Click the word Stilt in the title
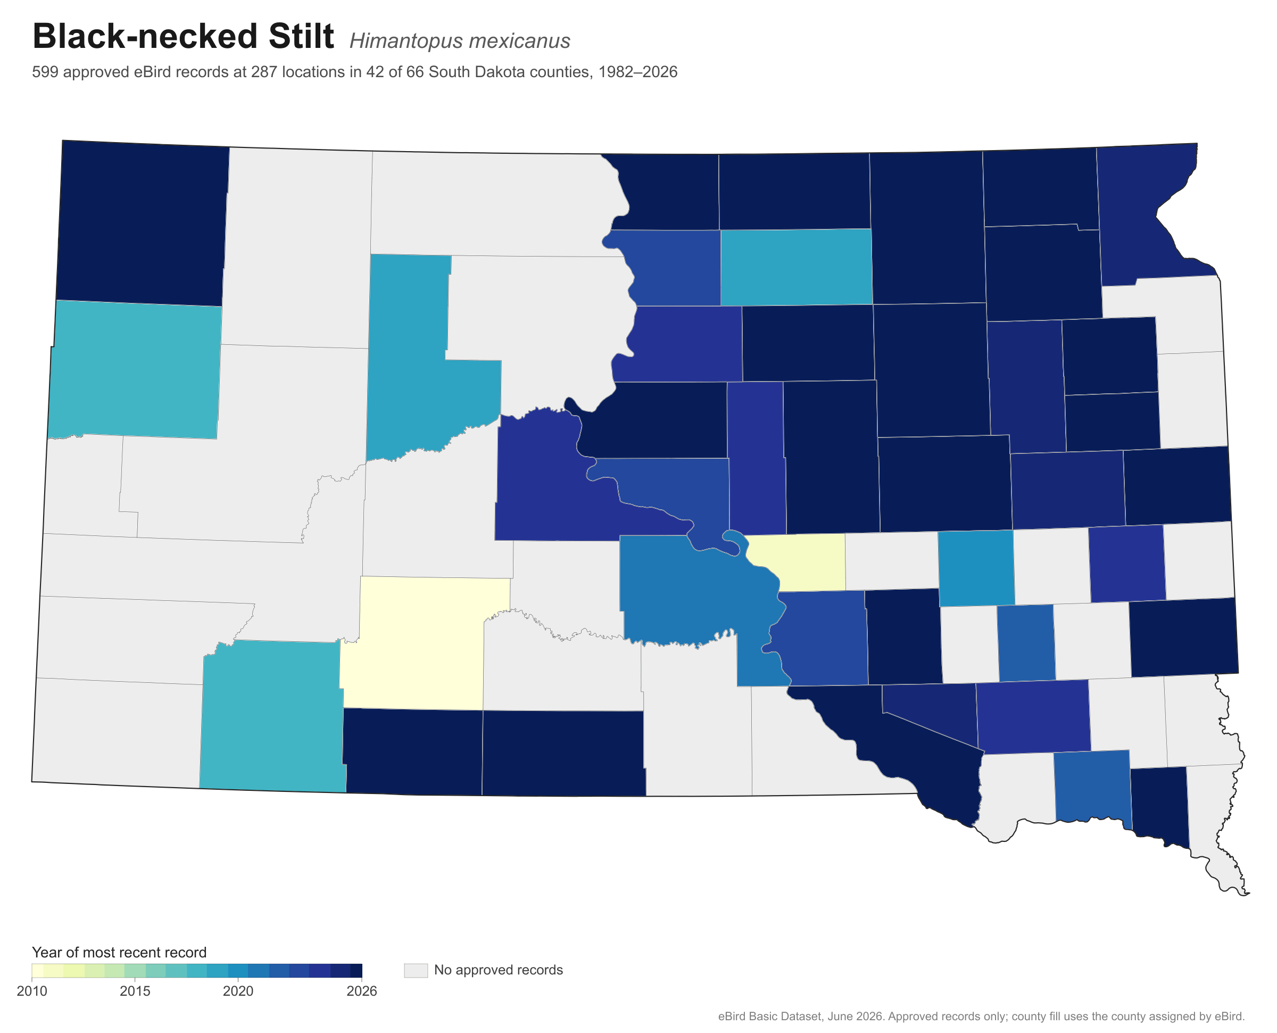(301, 36)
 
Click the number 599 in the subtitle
(45, 72)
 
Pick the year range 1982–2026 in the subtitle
(637, 72)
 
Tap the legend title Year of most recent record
(119, 952)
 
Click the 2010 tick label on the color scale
(32, 991)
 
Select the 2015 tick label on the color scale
(135, 991)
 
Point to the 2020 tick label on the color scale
(238, 991)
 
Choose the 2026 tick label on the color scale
(362, 991)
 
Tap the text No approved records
(499, 970)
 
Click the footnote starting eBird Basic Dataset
(981, 1017)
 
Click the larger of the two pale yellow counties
(422, 643)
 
